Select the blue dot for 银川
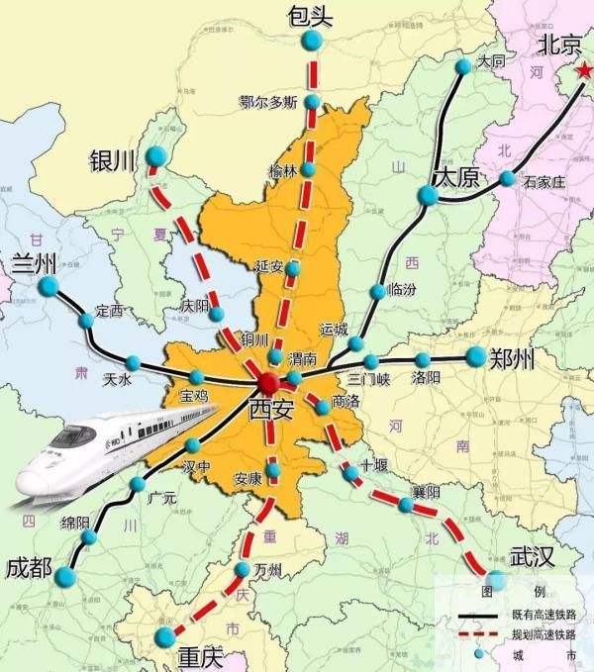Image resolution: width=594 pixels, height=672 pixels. click(156, 156)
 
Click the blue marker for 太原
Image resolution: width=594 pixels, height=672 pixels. click(428, 196)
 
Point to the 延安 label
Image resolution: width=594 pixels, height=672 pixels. click(269, 266)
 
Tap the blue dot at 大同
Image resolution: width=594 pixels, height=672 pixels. click(464, 66)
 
